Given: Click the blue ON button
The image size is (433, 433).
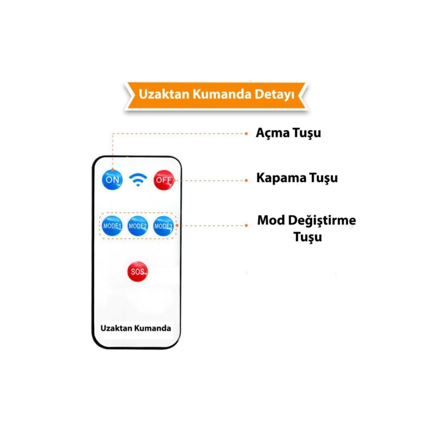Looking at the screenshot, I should tap(112, 179).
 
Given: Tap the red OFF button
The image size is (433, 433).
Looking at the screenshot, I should tap(163, 180).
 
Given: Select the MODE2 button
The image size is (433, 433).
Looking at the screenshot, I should tap(137, 226).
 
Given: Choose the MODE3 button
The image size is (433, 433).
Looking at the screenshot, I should tap(163, 226).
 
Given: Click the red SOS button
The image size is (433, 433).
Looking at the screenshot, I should tap(137, 272).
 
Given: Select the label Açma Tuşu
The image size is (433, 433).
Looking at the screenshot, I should tap(288, 133).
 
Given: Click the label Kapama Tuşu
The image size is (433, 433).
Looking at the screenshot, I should tap(297, 178).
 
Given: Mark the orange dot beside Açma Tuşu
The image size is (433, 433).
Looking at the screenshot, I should tap(246, 134).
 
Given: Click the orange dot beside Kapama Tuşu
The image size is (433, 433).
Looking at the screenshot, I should tap(246, 180).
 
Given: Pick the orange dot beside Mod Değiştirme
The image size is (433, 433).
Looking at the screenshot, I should tap(246, 225).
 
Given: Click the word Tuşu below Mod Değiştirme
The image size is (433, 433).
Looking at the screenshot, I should tap(308, 237).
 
